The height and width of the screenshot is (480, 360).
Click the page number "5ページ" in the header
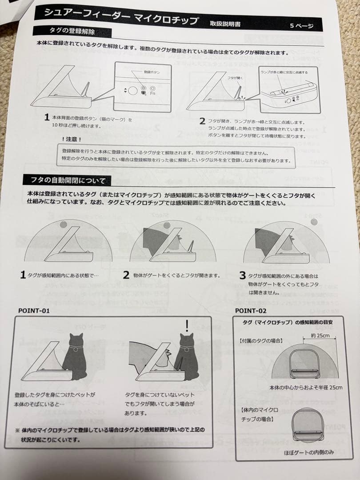(x=301, y=26)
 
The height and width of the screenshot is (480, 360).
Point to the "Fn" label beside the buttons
(x=152, y=93)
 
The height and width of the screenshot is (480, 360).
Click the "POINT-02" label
(x=251, y=311)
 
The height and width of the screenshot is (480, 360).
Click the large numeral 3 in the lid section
(x=242, y=276)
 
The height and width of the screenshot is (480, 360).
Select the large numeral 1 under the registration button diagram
(x=47, y=117)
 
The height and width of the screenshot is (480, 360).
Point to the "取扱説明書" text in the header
(x=225, y=24)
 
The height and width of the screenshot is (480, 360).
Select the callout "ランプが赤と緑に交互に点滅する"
(x=284, y=71)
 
